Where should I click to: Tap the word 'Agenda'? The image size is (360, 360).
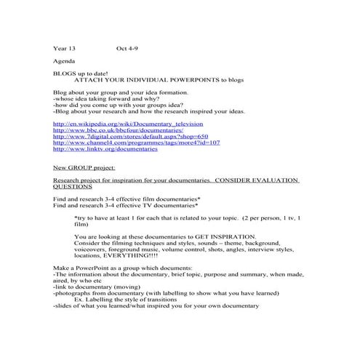tap(63, 62)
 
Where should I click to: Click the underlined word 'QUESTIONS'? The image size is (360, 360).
tap(73, 186)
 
